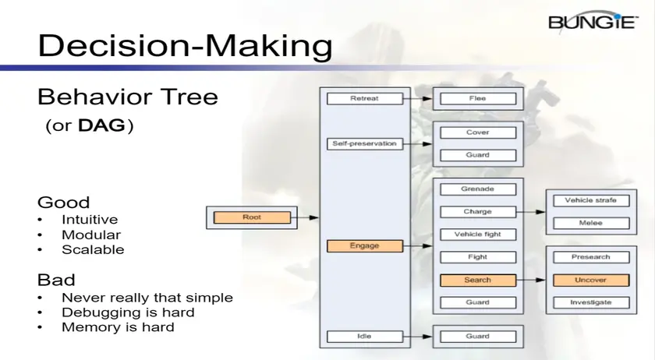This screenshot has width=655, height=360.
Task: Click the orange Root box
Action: [252, 217]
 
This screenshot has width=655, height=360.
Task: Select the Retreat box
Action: [365, 98]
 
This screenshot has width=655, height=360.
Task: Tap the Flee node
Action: [478, 98]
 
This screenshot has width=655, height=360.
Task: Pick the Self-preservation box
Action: [365, 143]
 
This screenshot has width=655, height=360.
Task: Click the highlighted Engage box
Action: [365, 246]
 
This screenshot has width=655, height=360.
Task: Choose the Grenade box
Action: [478, 189]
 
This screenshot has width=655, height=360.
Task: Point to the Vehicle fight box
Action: [478, 235]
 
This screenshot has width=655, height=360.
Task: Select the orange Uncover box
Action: [591, 280]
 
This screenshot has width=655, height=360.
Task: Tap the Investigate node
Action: [591, 302]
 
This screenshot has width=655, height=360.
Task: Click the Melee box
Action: [591, 223]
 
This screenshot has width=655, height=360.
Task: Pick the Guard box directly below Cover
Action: [478, 155]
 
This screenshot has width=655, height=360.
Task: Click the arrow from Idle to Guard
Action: [418, 337]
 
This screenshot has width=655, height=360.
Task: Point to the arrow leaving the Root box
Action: [305, 217]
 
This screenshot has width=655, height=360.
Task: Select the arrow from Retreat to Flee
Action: [418, 99]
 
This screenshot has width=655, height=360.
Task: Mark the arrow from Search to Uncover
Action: [531, 280]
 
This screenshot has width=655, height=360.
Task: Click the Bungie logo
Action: [593, 21]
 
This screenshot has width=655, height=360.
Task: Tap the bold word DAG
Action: [101, 125]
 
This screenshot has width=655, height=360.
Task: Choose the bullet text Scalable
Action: [93, 250]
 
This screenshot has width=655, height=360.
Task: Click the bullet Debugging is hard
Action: [128, 312]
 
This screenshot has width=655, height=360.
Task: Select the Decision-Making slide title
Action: [185, 45]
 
